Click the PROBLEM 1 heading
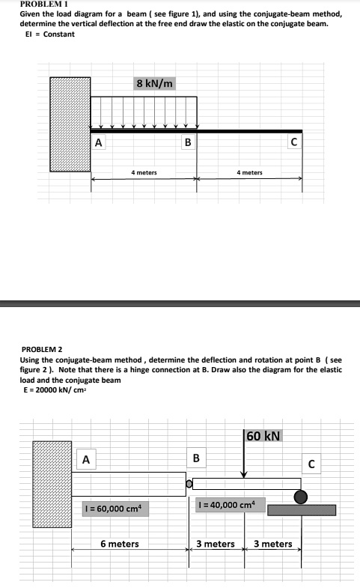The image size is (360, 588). (46, 4)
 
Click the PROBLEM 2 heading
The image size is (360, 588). (43, 349)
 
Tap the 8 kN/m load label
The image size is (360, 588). (155, 83)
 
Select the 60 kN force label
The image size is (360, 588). (262, 436)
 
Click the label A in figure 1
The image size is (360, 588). (98, 142)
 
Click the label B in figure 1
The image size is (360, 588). (187, 142)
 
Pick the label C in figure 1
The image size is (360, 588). (293, 142)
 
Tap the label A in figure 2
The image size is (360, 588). (86, 459)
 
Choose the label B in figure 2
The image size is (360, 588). (196, 458)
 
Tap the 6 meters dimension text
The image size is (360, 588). (120, 544)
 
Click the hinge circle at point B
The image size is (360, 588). (189, 485)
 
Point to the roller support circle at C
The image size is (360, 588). (300, 496)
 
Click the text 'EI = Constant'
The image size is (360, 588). (47, 34)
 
